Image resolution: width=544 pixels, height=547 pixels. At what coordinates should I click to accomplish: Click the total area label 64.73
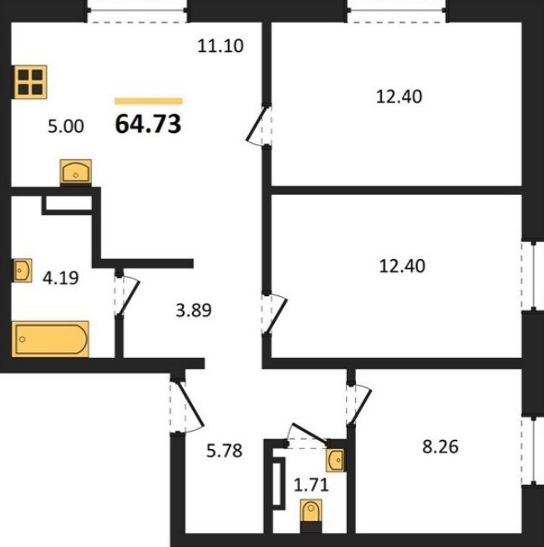[x=148, y=124]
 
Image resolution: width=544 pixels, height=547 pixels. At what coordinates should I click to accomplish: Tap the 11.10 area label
[x=221, y=46]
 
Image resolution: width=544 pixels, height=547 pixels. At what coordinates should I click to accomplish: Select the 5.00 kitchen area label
[x=66, y=126]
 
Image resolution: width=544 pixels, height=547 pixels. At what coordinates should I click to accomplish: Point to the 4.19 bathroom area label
[x=61, y=278]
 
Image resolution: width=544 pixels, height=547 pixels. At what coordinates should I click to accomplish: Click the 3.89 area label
[x=193, y=310]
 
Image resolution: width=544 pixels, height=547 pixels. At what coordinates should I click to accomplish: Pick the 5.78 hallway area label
[x=224, y=450]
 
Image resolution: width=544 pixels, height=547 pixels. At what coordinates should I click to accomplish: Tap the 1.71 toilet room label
[x=311, y=485]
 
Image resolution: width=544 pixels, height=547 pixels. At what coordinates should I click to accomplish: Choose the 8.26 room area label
[x=440, y=447]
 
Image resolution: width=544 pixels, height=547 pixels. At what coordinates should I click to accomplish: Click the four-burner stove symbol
[x=30, y=82]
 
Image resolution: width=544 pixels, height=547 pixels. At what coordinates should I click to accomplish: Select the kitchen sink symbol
[x=75, y=171]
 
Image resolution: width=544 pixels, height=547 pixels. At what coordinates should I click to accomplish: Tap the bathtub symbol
[x=50, y=339]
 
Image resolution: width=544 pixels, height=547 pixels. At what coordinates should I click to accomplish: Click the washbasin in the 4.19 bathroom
[x=23, y=270]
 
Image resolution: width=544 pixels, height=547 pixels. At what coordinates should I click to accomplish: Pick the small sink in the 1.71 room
[x=335, y=460]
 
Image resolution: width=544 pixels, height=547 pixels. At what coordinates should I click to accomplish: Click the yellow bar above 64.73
[x=149, y=101]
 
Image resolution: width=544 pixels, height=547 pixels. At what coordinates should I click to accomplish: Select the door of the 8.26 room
[x=359, y=405]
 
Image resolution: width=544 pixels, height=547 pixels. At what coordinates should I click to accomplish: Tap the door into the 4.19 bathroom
[x=127, y=295]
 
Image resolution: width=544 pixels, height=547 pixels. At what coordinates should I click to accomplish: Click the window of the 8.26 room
[x=533, y=451]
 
